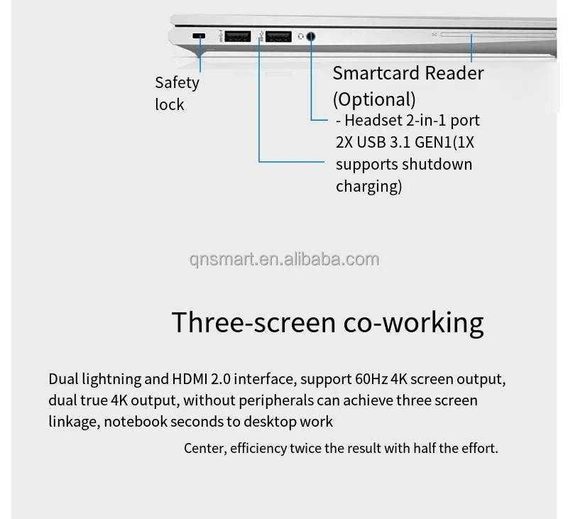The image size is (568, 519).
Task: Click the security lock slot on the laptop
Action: (x=200, y=36)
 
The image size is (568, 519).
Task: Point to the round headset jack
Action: (x=312, y=37)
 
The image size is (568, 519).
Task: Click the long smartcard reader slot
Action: (x=497, y=34)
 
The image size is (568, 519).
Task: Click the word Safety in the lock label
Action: (x=177, y=82)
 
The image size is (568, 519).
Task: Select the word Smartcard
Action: (x=378, y=73)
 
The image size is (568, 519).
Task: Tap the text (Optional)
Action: (x=374, y=99)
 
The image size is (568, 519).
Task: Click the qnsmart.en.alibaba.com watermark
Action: (x=285, y=259)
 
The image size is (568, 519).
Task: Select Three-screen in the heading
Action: (x=253, y=322)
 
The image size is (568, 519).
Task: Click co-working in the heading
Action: (x=413, y=322)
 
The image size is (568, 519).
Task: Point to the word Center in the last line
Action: (x=206, y=449)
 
